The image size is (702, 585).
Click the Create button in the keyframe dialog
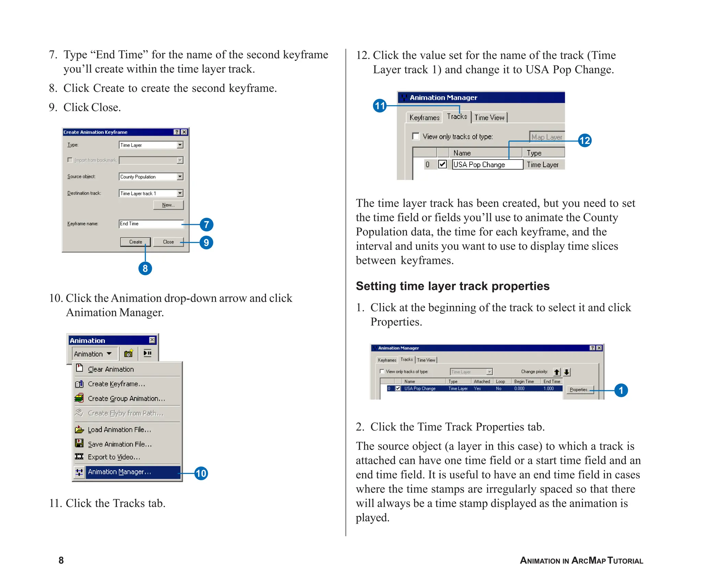[x=135, y=242]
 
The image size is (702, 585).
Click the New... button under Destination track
[x=168, y=205]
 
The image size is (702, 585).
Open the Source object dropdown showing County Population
[x=180, y=177]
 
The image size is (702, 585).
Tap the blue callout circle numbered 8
[x=145, y=268]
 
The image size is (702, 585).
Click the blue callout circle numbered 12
[x=584, y=141]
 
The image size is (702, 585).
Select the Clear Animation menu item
[x=111, y=369]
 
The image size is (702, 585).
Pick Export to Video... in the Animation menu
[x=114, y=457]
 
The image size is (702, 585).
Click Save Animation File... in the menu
[x=119, y=444]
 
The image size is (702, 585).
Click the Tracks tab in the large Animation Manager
[x=457, y=117]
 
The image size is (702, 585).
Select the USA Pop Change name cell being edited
[x=487, y=165]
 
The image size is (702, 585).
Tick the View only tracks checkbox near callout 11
[x=416, y=136]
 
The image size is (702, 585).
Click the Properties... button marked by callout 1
[x=579, y=390]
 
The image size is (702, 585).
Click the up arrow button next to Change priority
[x=557, y=372]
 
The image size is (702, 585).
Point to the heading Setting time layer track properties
[x=452, y=286]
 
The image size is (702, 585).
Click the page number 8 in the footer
[x=61, y=560]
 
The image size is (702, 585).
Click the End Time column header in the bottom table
[x=552, y=381]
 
